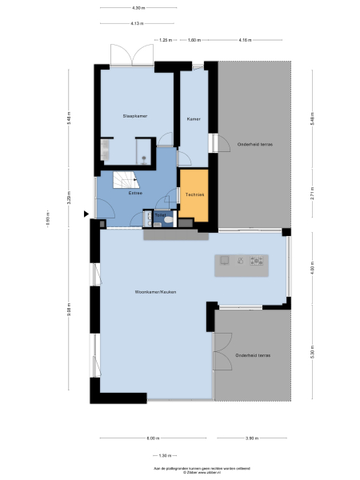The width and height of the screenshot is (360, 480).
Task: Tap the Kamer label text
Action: click(193, 118)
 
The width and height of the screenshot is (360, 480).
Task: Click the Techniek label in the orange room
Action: click(194, 194)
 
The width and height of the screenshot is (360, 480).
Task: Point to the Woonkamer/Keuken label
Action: click(155, 292)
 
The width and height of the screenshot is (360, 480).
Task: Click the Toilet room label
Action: click(160, 214)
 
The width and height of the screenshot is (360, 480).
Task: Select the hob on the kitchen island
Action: click(257, 260)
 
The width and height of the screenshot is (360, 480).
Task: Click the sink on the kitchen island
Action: click(226, 260)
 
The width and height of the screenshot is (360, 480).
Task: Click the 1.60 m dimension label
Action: click(193, 39)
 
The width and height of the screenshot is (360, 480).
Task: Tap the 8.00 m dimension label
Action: click(152, 438)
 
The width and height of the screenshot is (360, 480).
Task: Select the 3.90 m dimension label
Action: click(250, 438)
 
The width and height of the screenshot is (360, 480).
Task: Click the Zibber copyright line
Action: click(179, 470)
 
